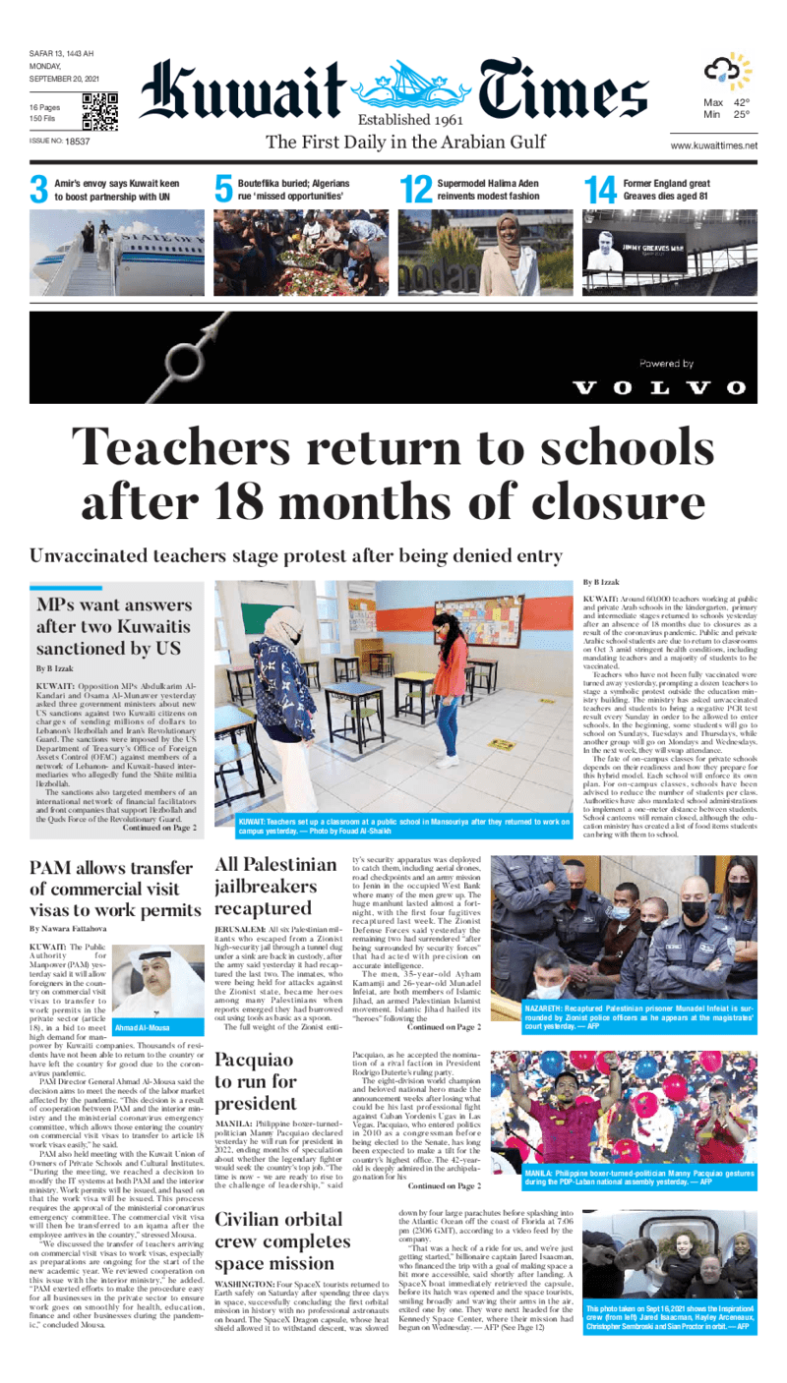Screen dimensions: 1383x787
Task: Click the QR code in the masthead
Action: pyautogui.click(x=99, y=112)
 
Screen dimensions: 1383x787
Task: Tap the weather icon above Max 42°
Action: pyautogui.click(x=727, y=72)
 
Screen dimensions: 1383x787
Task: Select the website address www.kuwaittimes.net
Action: pyautogui.click(x=713, y=145)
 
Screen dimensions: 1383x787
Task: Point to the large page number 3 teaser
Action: pyautogui.click(x=38, y=190)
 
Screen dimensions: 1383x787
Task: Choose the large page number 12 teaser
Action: pyautogui.click(x=416, y=190)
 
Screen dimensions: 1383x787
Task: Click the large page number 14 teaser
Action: pyautogui.click(x=599, y=190)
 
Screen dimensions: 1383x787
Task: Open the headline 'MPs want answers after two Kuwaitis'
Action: pyautogui.click(x=114, y=627)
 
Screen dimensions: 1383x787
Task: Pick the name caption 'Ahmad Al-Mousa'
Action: pyautogui.click(x=143, y=1027)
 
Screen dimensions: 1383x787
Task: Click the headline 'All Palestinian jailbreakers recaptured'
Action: pyautogui.click(x=275, y=887)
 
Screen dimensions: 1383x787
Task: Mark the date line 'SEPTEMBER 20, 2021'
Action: pyautogui.click(x=62, y=80)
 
